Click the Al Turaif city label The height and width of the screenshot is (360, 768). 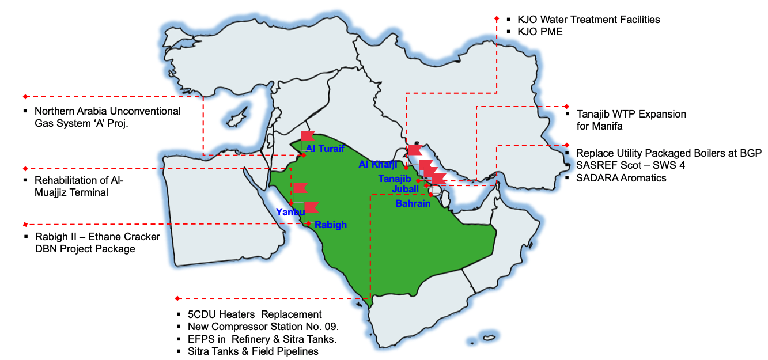coord(325,149)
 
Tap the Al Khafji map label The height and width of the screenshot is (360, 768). coord(378,165)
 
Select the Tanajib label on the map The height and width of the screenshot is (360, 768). coord(395,179)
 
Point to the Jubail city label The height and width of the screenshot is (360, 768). coord(406,189)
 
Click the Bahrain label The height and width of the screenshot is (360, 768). coord(413,203)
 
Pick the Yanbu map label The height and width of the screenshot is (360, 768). coord(290,212)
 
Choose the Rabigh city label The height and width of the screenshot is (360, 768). coord(331,225)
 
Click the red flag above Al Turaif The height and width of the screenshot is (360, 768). coord(307,137)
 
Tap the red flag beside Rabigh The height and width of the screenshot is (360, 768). coord(311,208)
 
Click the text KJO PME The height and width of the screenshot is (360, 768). coord(540,32)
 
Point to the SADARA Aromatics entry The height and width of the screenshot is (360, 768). coord(621,178)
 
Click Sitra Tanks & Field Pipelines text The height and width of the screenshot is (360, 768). coord(253,351)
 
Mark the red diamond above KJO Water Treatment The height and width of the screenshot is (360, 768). coord(497,18)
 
